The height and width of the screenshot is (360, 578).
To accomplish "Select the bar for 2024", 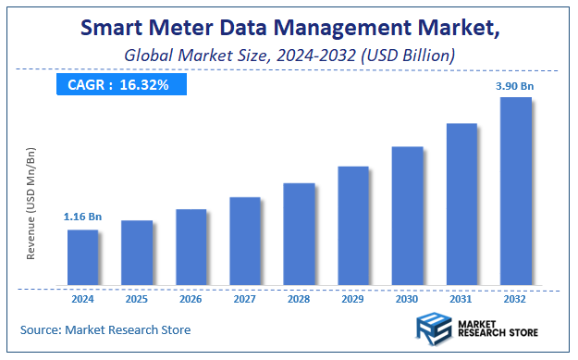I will coord(82,257).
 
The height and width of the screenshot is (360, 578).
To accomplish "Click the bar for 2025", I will coord(137,253).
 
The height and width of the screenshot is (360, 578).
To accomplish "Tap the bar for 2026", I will coord(191,247).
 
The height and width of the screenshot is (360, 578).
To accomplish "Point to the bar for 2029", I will coord(353,226).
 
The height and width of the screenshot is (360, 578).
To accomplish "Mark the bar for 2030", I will coord(407,216).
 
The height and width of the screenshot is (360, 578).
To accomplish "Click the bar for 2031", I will coord(461,204).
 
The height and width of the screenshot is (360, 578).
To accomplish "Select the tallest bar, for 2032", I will coord(515,191).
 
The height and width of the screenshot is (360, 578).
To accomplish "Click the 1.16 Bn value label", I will coord(82,217).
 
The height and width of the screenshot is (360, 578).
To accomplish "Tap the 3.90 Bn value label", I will coord(515,85).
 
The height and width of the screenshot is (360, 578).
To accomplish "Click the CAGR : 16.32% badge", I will coord(120,84).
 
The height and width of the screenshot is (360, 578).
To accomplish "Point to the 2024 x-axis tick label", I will coord(82,300).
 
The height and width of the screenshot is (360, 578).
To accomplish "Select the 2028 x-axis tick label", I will coord(299,300).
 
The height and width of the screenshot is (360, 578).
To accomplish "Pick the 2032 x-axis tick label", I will coord(515,300).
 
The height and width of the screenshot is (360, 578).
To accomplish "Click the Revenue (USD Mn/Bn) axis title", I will coord(31,203).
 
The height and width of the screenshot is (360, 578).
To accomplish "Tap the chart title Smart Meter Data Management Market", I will coord(289,27).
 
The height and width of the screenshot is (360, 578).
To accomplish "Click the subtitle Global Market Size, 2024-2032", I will coord(289,56).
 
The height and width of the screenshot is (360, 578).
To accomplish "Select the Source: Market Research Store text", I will coord(105,329).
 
